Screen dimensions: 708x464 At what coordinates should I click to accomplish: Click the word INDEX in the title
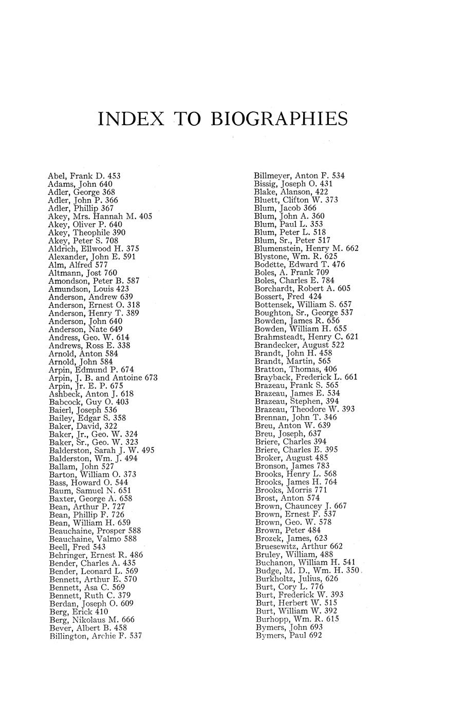[131, 119]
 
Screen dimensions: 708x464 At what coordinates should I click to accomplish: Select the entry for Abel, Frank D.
[84, 175]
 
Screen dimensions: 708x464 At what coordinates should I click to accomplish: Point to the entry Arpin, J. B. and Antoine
[103, 378]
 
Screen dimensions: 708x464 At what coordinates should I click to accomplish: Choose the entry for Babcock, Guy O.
[88, 402]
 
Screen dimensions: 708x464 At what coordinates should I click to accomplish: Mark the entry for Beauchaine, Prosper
[95, 531]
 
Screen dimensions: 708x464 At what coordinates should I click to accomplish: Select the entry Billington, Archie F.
[96, 636]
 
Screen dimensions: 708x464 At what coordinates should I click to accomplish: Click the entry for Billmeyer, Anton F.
[300, 175]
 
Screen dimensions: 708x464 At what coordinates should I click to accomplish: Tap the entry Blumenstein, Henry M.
[306, 248]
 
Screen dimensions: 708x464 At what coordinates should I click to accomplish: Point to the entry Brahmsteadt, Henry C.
[306, 337]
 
